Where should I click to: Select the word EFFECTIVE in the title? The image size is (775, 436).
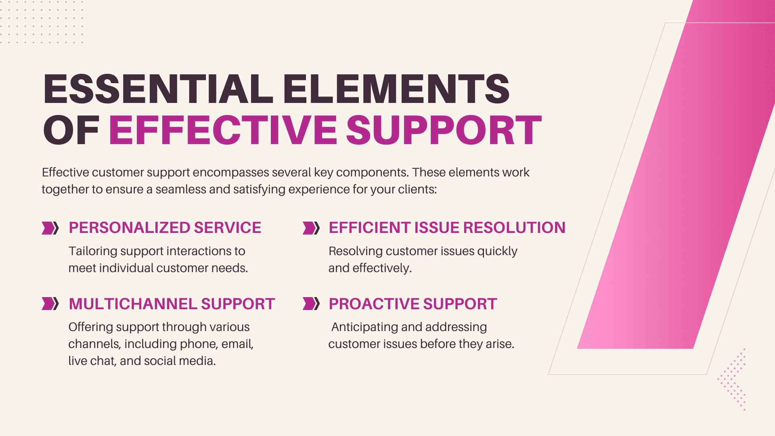[223, 130]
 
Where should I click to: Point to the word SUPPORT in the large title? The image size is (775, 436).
[444, 130]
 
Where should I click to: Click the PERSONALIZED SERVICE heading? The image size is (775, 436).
[165, 228]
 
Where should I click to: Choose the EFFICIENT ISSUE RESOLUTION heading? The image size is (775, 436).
[447, 228]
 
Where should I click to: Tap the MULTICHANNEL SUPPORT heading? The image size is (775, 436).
[172, 304]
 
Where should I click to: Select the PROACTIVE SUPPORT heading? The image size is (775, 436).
[413, 304]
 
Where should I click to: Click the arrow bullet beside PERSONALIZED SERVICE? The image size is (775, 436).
[50, 228]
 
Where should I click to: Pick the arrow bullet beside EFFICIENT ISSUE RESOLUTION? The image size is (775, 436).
[311, 228]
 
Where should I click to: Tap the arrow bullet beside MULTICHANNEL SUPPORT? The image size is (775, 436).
[50, 304]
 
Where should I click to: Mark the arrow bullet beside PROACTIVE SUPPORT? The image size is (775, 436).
[311, 304]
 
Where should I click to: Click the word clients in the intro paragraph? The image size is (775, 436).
[417, 189]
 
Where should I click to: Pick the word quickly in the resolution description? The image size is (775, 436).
[497, 252]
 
